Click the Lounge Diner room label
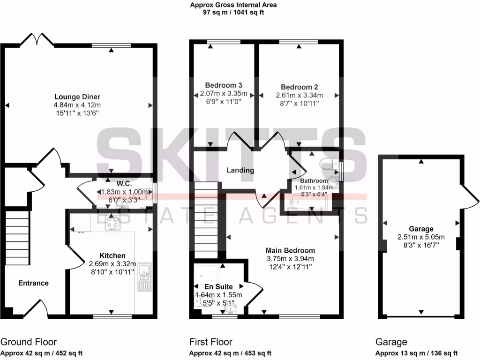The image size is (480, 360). tap(77, 97)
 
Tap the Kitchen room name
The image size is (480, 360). tap(112, 255)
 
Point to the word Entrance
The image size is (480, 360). tap(33, 283)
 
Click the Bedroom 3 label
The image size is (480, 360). tap(224, 85)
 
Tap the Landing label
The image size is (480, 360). tap(240, 170)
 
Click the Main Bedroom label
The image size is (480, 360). tap(290, 250)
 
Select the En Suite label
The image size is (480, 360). tap(218, 286)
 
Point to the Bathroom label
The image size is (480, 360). tap(314, 180)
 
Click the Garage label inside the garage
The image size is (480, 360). tap(422, 229)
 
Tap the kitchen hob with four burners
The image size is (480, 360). tap(112, 223)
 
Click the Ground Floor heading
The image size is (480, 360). tap(29, 342)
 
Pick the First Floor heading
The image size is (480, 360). tap(210, 342)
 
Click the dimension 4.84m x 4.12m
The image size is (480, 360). tap(77, 105)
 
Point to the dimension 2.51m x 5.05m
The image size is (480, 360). tap(422, 237)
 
